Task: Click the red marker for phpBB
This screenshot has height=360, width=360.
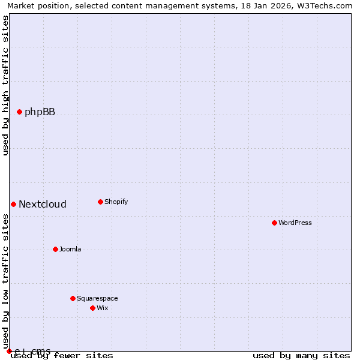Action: point(19,112)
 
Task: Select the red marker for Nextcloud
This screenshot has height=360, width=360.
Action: point(13,204)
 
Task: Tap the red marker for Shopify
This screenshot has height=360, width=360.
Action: point(100,202)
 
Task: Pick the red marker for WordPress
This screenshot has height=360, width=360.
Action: point(274,223)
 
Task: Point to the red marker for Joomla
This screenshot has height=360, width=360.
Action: point(55,249)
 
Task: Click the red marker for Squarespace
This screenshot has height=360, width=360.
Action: point(73,298)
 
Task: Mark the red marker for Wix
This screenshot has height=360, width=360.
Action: point(92,308)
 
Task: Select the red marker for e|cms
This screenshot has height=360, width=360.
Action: point(9,351)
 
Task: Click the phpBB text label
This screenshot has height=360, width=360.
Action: point(40,112)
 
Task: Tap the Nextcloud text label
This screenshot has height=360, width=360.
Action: point(43,204)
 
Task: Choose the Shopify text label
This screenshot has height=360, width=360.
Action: point(116,202)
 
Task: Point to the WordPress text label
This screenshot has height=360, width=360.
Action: point(295,223)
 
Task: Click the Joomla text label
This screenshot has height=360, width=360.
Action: point(70,249)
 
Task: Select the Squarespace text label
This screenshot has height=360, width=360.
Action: point(97,298)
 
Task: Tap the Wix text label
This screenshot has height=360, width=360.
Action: point(103,308)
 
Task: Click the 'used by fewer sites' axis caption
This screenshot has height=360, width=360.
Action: point(62,356)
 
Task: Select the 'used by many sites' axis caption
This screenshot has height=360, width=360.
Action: point(301,356)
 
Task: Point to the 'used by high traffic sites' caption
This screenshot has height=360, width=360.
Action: point(6,85)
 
